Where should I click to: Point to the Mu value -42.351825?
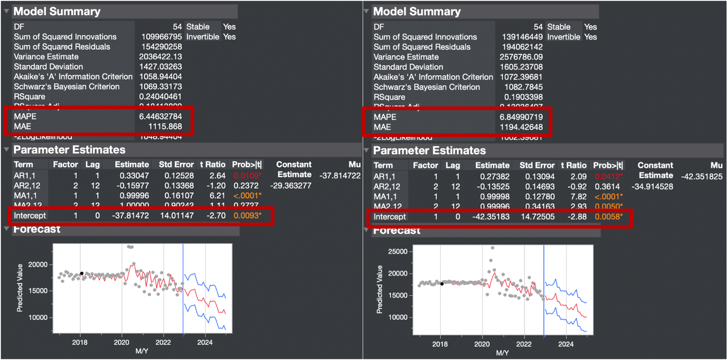(701, 176)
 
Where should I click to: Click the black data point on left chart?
(81, 273)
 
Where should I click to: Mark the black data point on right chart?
(442, 283)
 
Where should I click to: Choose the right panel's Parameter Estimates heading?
(429, 150)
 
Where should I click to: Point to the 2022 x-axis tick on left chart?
(164, 342)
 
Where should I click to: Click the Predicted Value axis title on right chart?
(380, 289)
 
